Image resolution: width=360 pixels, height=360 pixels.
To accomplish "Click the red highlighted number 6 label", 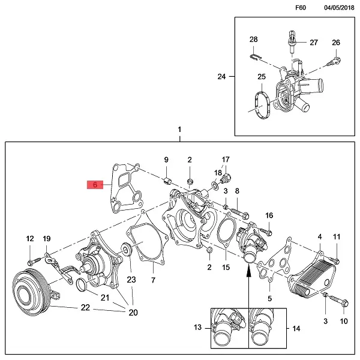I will click(x=95, y=185).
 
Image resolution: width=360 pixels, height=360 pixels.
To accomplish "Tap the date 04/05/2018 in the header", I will click(x=340, y=8).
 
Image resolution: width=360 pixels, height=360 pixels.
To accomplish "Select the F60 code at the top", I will click(x=301, y=8).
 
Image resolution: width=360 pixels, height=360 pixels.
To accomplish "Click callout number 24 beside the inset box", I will click(x=221, y=77).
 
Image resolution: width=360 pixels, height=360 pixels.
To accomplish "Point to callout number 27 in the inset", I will click(x=314, y=43).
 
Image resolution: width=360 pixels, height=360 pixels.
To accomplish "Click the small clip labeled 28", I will click(x=255, y=56).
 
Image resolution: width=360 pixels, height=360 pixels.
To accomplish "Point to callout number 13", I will click(x=198, y=328).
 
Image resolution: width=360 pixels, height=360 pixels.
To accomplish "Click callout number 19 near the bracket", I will click(x=47, y=239).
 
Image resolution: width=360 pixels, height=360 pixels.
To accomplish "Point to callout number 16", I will click(x=269, y=215).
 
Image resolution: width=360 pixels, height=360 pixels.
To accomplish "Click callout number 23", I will click(x=131, y=279).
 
